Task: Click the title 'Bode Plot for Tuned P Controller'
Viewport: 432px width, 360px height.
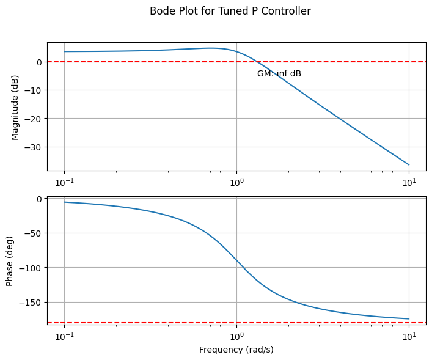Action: pos(230,11)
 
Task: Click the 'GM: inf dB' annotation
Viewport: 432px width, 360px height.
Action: pos(279,74)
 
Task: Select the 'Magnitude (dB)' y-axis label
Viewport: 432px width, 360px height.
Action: pos(15,107)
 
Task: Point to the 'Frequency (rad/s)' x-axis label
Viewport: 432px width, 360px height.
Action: pos(236,350)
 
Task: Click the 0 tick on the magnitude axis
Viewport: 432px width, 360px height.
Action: pos(38,62)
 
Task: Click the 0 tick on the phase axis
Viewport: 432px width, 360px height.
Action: pos(38,199)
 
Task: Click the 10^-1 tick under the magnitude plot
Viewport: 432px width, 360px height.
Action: pos(64,183)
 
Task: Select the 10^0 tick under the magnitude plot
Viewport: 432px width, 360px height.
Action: pos(236,183)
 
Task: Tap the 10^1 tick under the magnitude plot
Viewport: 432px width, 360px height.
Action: pos(409,183)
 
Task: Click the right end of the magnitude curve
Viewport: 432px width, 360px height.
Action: pos(409,165)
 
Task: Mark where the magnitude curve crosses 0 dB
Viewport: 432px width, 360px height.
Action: pos(259,62)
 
